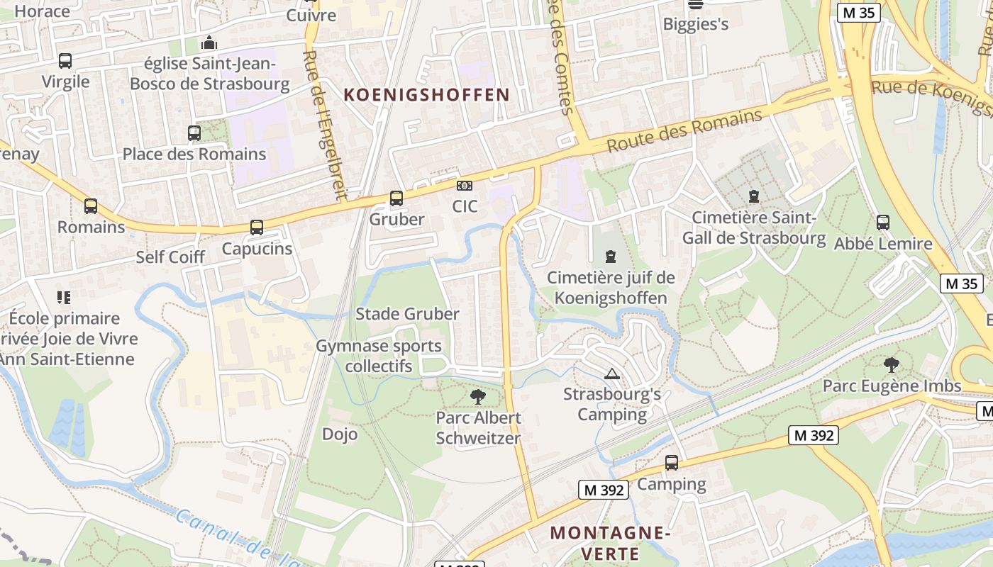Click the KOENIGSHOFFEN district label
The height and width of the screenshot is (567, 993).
pyautogui.click(x=426, y=95)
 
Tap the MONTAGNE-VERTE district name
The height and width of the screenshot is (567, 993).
pyautogui.click(x=610, y=542)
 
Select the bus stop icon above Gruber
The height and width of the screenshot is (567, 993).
pyautogui.click(x=396, y=198)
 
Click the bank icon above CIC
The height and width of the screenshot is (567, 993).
pyautogui.click(x=465, y=186)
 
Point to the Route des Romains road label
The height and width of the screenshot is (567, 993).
pyautogui.click(x=684, y=130)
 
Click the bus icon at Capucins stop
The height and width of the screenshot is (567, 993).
pyautogui.click(x=257, y=228)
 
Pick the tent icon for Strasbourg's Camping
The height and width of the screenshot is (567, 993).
pyautogui.click(x=612, y=374)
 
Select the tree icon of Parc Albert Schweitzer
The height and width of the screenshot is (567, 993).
pyautogui.click(x=478, y=397)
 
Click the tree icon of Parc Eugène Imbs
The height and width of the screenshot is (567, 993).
pyautogui.click(x=892, y=365)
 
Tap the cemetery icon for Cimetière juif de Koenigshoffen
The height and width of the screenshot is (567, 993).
pyautogui.click(x=611, y=257)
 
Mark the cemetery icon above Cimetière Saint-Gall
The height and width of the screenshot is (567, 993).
pyautogui.click(x=753, y=196)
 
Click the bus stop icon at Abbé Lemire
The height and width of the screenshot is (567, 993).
pyautogui.click(x=883, y=223)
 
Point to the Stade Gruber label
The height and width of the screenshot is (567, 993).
pyautogui.click(x=407, y=314)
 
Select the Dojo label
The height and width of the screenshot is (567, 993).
pyautogui.click(x=340, y=434)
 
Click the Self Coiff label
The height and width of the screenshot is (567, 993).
pyautogui.click(x=170, y=257)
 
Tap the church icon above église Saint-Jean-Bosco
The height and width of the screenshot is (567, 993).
pyautogui.click(x=209, y=43)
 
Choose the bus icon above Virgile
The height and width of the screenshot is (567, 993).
pyautogui.click(x=65, y=61)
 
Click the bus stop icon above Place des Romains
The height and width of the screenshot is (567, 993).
pyautogui.click(x=194, y=133)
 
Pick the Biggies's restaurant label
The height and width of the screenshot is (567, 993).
pyautogui.click(x=695, y=24)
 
